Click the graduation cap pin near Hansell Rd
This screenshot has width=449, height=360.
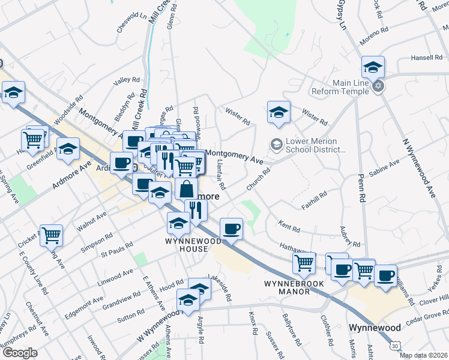pos(373,68)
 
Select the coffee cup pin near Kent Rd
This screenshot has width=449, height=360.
pos(231,229)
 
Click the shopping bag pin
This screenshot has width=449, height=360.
pos(186,188)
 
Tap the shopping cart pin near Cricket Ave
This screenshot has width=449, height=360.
pos(51,235)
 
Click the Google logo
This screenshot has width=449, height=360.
pos(19,352)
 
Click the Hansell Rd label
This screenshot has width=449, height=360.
pos(426,58)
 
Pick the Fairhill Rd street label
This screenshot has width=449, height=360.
pos(315,199)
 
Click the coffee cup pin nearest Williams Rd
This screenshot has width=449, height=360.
pos(386,276)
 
